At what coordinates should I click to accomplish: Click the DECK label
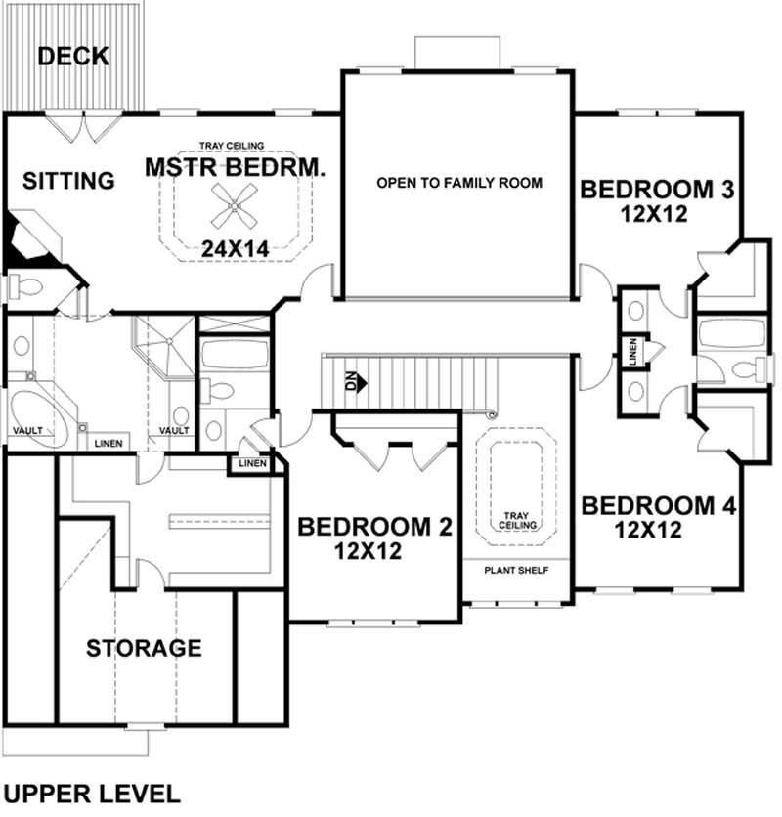tap(73, 57)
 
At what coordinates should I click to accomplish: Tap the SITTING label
tap(68, 181)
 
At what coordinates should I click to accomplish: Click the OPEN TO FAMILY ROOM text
tap(459, 183)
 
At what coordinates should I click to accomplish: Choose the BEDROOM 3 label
tap(657, 188)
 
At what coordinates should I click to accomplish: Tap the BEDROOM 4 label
tap(657, 506)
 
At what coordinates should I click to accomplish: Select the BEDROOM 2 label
tap(374, 528)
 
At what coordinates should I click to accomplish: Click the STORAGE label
tap(144, 647)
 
